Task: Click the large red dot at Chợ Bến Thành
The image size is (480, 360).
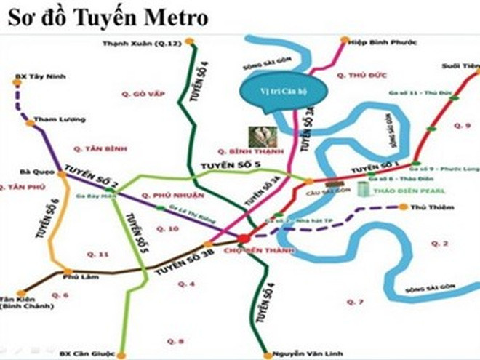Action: pyautogui.click(x=244, y=239)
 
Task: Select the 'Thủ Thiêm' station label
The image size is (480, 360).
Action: pyautogui.click(x=429, y=207)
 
